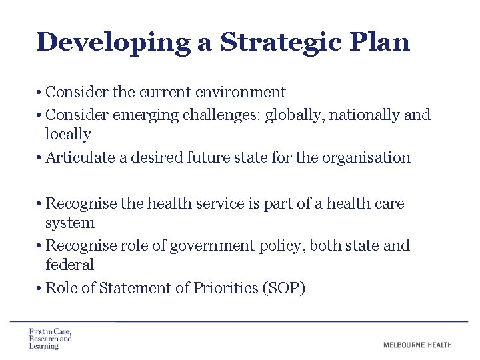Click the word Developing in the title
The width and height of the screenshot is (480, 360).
113,42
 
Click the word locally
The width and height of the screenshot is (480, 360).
68,134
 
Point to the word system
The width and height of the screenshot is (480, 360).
70,223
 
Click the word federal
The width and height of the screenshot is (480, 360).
70,265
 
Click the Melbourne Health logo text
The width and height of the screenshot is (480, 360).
417,345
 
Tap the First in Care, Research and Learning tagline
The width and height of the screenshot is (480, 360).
50,339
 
